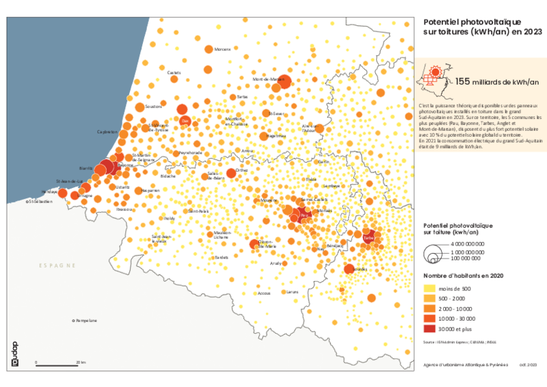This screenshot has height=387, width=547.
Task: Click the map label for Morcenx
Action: pyautogui.click(x=222, y=49)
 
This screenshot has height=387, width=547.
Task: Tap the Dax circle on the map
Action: pyautogui.click(x=183, y=120)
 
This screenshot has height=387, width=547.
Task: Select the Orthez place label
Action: pyautogui.click(x=241, y=170)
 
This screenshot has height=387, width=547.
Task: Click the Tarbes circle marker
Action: pyautogui.click(x=369, y=237)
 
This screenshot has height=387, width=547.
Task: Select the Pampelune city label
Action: pyautogui.click(x=87, y=320)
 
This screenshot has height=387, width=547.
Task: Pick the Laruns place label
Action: pyautogui.click(x=293, y=292)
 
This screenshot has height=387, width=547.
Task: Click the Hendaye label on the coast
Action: pyautogui.click(x=47, y=192)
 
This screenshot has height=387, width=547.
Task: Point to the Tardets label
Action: pyautogui.click(x=222, y=257)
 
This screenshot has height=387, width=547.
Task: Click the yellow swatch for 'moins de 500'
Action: pyautogui.click(x=431, y=289)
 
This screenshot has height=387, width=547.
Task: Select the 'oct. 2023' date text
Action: pyautogui.click(x=528, y=366)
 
